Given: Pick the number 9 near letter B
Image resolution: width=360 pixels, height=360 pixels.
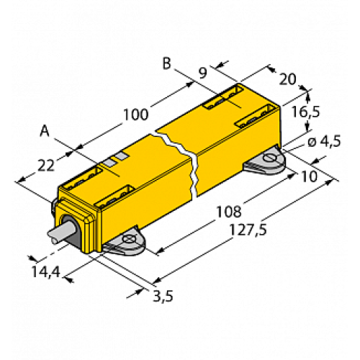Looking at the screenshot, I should point(202,71).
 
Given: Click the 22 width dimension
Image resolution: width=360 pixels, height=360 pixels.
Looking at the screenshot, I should point(45,165).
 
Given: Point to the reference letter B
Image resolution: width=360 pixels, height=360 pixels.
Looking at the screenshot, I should point(166,64).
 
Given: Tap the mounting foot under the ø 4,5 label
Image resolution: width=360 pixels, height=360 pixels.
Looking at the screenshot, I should point(267,163).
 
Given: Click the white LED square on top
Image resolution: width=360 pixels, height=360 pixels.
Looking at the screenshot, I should point(122,156).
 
